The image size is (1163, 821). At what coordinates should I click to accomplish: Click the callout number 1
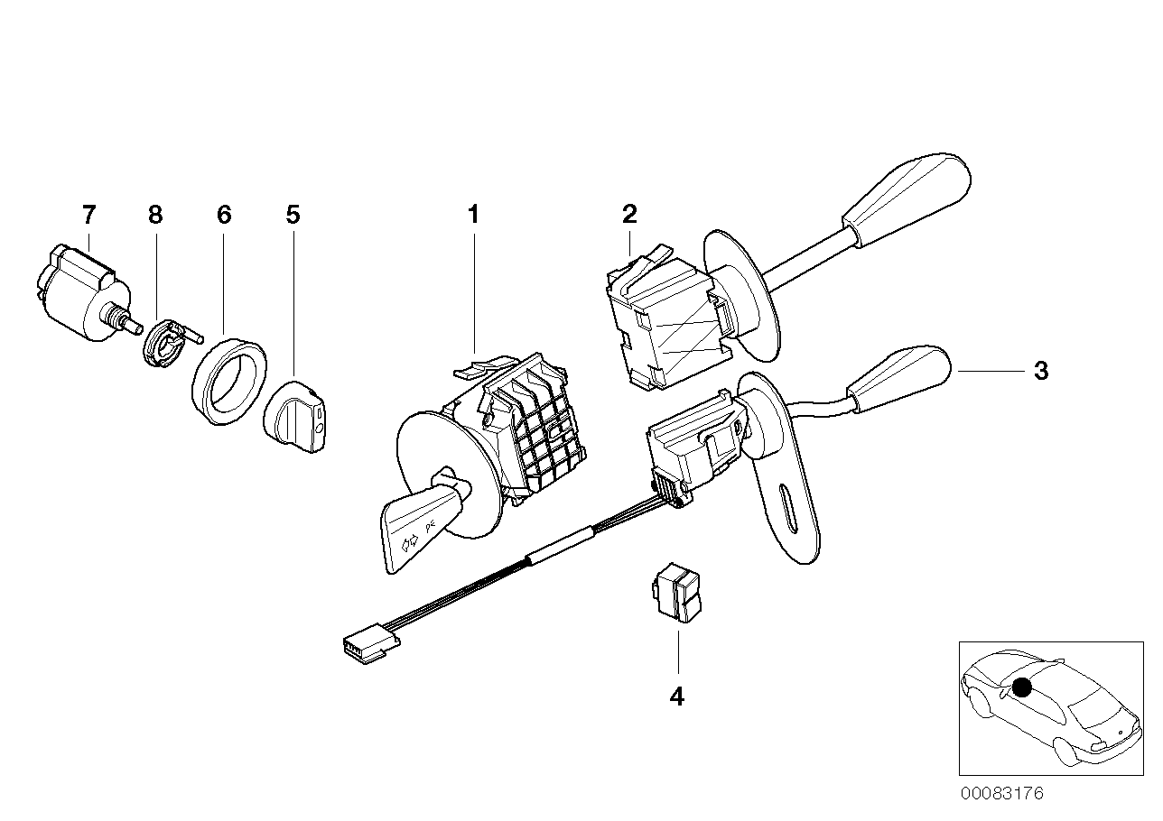pyautogui.click(x=472, y=215)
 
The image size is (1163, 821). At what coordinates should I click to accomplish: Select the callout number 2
pyautogui.click(x=629, y=214)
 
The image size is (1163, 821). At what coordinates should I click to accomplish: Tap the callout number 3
pyautogui.click(x=1041, y=371)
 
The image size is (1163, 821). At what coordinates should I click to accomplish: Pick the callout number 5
pyautogui.click(x=293, y=215)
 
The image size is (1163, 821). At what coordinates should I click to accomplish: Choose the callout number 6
pyautogui.click(x=224, y=215)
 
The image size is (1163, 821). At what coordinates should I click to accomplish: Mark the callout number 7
pyautogui.click(x=88, y=215)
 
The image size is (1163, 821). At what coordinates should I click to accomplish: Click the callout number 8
pyautogui.click(x=155, y=215)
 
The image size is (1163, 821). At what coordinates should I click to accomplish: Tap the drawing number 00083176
pyautogui.click(x=1001, y=794)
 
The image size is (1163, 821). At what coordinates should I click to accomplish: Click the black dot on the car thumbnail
pyautogui.click(x=1021, y=688)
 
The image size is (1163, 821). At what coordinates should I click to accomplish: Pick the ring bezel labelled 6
pyautogui.click(x=228, y=380)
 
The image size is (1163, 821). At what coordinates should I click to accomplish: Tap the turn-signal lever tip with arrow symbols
pyautogui.click(x=411, y=532)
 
